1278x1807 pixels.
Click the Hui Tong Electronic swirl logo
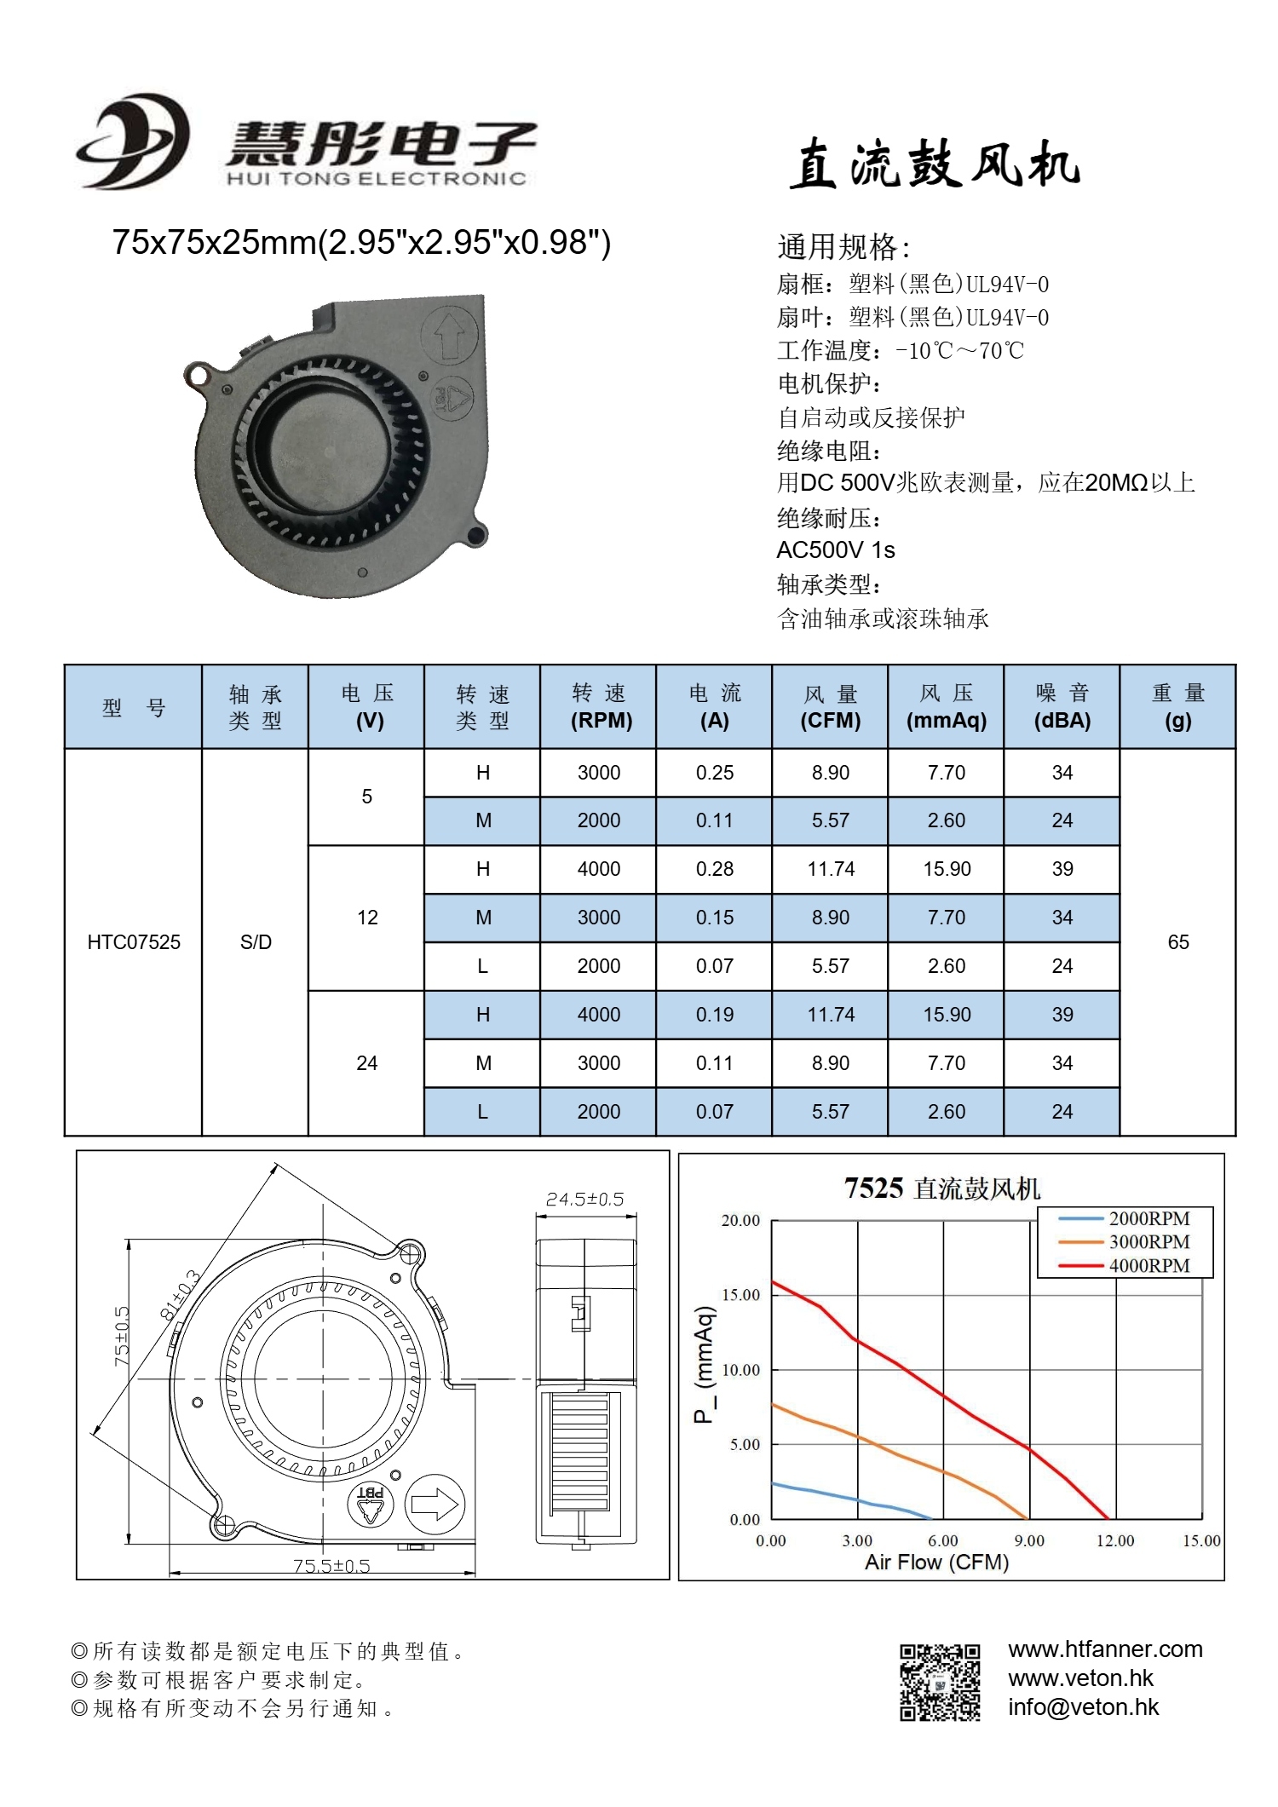(x=132, y=142)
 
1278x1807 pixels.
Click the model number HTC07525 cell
(x=134, y=942)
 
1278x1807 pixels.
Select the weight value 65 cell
(x=1177, y=942)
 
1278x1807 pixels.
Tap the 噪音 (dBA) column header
(x=1062, y=707)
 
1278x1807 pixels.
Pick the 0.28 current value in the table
(x=714, y=869)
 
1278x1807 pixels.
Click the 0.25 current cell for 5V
(x=714, y=773)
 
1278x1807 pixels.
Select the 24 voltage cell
(x=366, y=1063)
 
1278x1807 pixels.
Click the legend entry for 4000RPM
(x=1148, y=1266)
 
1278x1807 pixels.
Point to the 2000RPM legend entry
(x=1148, y=1219)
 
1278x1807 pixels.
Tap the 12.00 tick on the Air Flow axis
(x=1114, y=1541)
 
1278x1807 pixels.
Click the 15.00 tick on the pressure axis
(x=740, y=1295)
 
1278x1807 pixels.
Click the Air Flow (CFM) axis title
(x=936, y=1562)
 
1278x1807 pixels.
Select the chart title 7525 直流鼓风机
(x=941, y=1188)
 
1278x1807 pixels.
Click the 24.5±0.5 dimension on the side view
(x=584, y=1200)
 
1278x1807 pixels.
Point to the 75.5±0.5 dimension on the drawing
(x=331, y=1566)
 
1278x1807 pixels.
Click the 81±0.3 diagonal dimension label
(x=180, y=1296)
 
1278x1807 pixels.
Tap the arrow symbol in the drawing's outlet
(x=435, y=1505)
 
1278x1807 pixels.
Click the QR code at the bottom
(x=940, y=1683)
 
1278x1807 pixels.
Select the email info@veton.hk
(x=1083, y=1707)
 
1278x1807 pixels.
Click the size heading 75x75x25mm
(x=361, y=243)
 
